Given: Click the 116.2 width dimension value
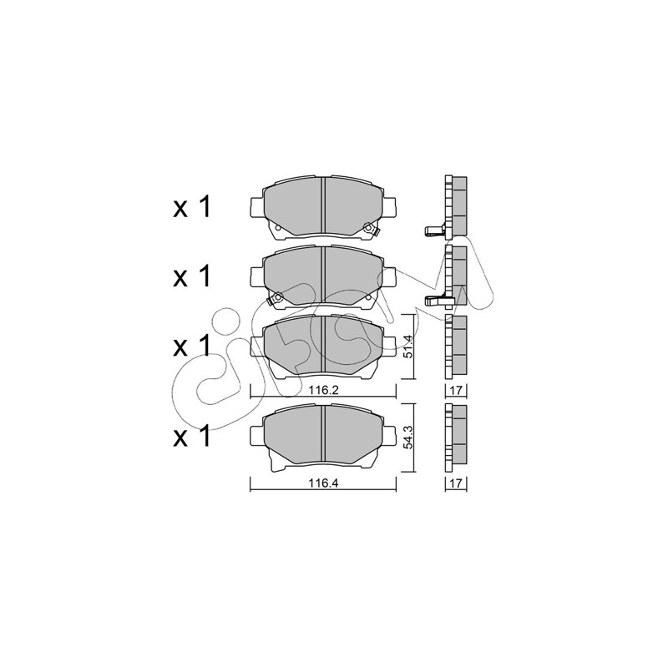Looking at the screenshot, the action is pos(324,390).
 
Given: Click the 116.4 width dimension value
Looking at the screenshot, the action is pos(324,483).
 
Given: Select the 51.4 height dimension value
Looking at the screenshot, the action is pos(407,347).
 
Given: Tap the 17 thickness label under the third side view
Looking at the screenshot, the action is pos(456,390).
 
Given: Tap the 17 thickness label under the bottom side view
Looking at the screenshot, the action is pos(456,483).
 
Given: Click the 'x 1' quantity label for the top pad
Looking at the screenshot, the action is pos(192,208).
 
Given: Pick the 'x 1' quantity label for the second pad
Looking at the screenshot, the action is pos(192,277).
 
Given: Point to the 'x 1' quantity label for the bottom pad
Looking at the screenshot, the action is pos(192,437).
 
